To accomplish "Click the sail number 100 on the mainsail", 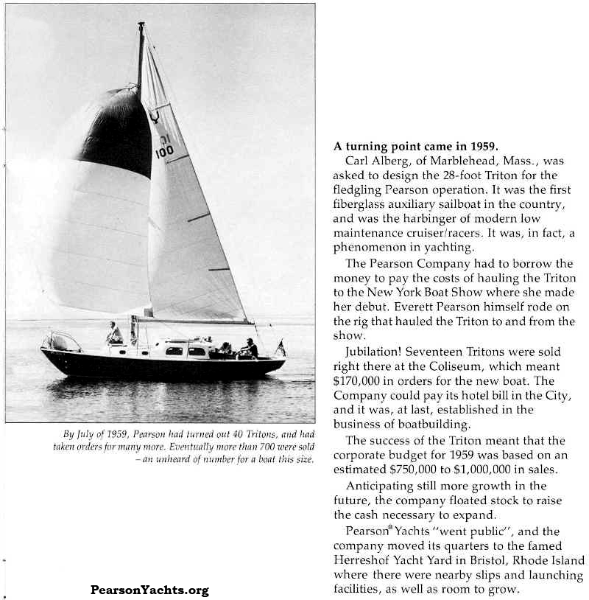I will tap(164, 151).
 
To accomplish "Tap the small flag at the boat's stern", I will tap(281, 347).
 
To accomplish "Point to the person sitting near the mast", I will tap(114, 333).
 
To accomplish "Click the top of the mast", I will tap(141, 25).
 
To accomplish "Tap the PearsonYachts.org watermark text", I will tap(149, 590).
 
